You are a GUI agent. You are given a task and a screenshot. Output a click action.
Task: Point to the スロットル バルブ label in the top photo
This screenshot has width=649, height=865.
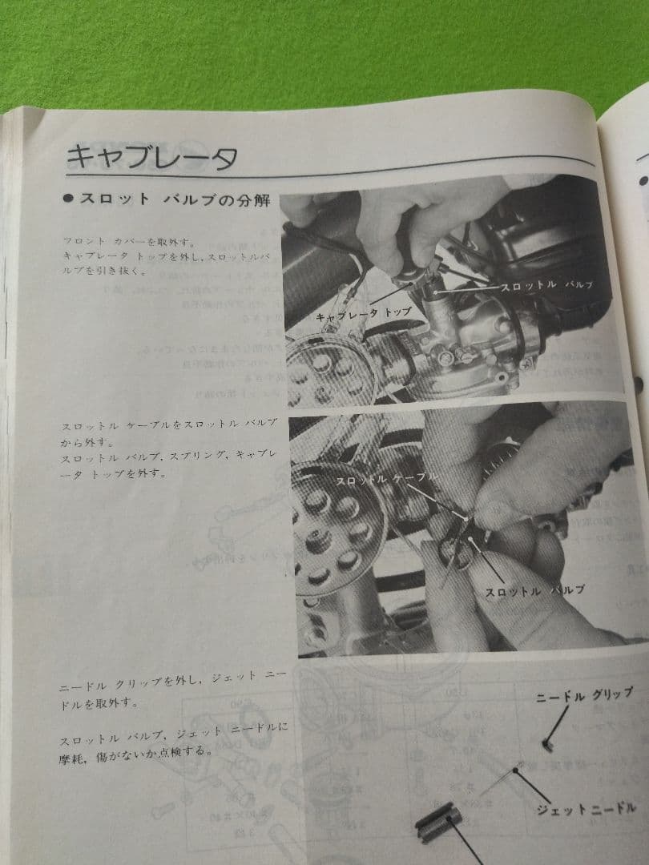point(545,284)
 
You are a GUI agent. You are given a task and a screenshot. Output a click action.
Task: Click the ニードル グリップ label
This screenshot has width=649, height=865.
point(584,696)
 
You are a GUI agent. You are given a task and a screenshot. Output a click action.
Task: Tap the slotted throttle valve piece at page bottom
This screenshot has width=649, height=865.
point(437,825)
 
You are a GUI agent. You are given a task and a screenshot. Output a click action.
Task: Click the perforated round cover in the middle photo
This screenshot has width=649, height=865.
point(329,529)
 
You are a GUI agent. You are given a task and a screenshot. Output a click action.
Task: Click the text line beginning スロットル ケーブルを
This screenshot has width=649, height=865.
point(168,423)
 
